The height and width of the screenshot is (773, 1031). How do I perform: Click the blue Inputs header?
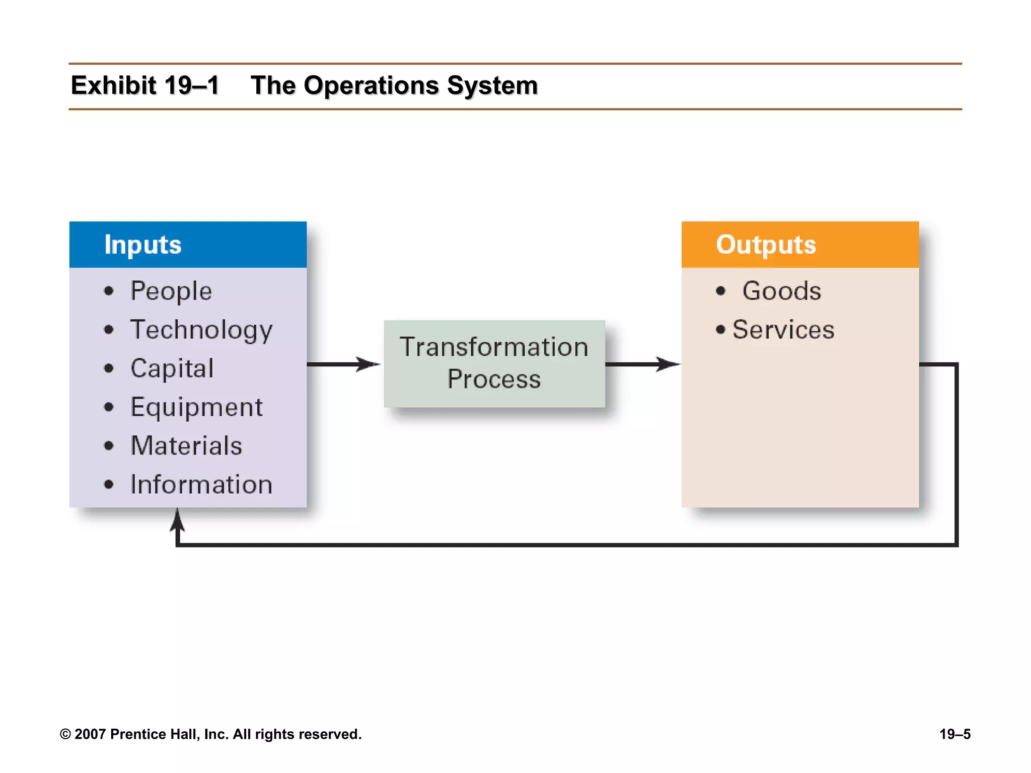coord(188,245)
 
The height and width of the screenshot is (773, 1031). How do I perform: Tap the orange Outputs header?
coord(800,245)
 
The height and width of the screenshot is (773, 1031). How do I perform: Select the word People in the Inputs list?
coord(171,291)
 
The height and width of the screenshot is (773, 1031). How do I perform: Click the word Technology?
coord(201,331)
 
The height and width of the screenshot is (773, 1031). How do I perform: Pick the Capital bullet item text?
coord(172,369)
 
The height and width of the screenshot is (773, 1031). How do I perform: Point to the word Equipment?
coord(196,408)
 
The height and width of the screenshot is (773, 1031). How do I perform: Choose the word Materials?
coord(186,446)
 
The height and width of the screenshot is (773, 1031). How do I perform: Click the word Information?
coord(201,485)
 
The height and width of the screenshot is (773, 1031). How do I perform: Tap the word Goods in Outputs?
coord(781,291)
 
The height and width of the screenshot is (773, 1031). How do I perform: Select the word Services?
coord(783,330)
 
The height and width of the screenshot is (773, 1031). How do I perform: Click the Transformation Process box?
coord(494,364)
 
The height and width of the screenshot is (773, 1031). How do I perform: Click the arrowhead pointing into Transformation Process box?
coord(370,364)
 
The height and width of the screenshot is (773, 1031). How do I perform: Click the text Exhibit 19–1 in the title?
coord(145,86)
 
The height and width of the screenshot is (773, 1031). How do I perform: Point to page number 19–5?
coord(954,734)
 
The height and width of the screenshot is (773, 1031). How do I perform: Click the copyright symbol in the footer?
coord(65,734)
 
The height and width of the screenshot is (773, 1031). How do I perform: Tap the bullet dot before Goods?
coord(721,291)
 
